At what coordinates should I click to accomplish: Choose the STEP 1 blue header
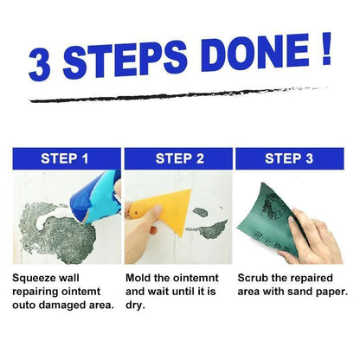[65, 158]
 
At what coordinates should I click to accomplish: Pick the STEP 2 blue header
[179, 158]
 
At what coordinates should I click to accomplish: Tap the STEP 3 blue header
[293, 158]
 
